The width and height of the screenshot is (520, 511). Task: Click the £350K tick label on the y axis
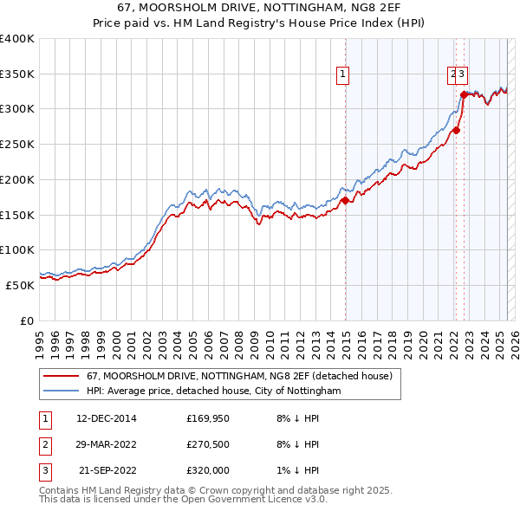point(17,74)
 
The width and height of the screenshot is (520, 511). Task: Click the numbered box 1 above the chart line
point(344,75)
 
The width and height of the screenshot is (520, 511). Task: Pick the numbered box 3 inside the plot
point(464,75)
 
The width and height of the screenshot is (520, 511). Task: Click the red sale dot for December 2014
point(345,201)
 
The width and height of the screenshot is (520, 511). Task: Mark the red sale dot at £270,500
point(457,131)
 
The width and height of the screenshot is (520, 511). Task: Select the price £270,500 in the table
point(208,445)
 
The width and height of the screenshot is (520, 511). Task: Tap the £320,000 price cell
point(208,472)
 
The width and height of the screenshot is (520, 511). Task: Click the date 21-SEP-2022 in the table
point(107,472)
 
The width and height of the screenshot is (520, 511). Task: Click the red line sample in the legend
point(61,376)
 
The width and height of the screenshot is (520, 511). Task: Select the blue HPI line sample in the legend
point(61,391)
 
